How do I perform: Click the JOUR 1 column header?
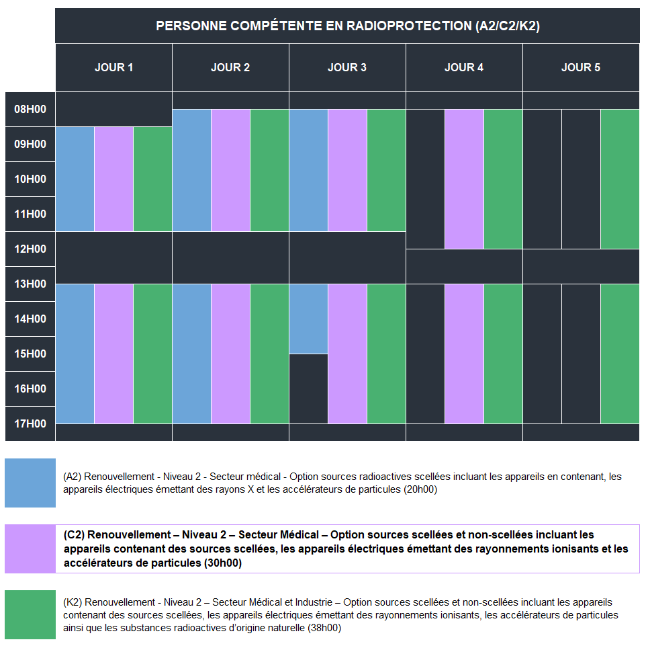(x=113, y=67)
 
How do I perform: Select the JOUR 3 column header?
(x=347, y=67)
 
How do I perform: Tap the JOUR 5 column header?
(x=581, y=67)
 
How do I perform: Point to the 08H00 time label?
(x=30, y=109)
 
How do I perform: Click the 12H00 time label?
(x=30, y=249)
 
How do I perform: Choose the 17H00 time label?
(x=30, y=423)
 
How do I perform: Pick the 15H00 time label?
(x=30, y=354)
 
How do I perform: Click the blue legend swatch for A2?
(x=30, y=483)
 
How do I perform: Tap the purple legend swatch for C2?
(x=30, y=549)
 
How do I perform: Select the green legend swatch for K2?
(x=30, y=614)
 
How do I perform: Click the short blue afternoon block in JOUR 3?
(x=308, y=319)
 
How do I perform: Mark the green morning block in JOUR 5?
(x=620, y=179)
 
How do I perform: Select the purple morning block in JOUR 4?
(x=464, y=179)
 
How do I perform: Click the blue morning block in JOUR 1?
(x=75, y=179)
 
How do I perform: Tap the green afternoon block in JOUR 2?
(x=269, y=354)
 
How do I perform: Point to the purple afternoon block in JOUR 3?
(x=347, y=354)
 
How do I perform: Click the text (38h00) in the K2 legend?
(x=320, y=629)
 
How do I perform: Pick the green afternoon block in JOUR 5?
(x=620, y=354)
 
